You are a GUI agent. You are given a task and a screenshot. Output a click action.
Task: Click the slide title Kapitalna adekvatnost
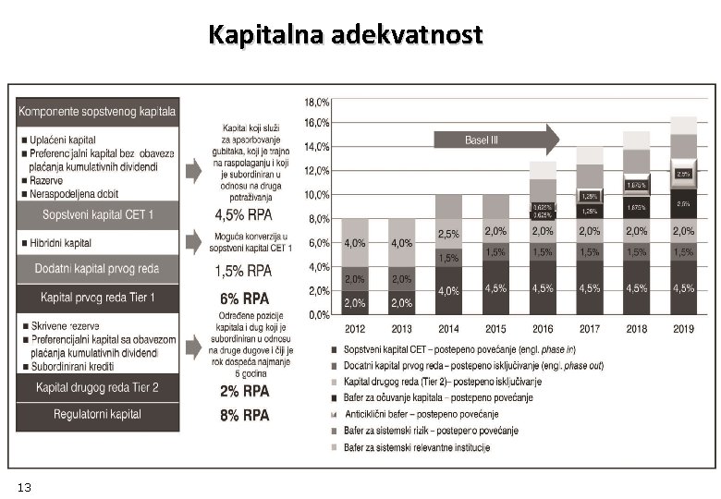tap(346, 36)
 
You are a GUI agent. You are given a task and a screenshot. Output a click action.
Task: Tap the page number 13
tap(24, 486)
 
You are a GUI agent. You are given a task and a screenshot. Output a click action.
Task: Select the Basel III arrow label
tap(481, 140)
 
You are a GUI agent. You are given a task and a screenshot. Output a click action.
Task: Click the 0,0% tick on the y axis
tap(319, 314)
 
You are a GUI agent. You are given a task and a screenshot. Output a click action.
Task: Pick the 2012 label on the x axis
tap(354, 329)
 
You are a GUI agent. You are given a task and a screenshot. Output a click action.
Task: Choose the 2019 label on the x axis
tap(683, 329)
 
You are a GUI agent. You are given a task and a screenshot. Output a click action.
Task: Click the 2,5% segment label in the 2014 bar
tap(448, 235)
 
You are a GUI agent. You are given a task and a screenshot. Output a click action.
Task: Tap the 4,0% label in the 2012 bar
tap(354, 244)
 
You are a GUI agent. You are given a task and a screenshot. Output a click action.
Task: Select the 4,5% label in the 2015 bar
tap(495, 288)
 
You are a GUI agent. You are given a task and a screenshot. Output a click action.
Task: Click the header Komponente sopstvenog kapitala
tap(97, 111)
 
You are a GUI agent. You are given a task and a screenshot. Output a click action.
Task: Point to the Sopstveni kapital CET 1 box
tap(99, 214)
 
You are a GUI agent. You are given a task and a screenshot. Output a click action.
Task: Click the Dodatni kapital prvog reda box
tap(97, 269)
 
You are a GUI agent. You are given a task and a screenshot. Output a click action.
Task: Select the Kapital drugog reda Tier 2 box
tap(97, 387)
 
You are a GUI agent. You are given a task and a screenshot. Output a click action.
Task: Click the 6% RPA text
tap(244, 298)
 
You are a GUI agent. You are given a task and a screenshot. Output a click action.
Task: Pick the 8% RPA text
tap(244, 416)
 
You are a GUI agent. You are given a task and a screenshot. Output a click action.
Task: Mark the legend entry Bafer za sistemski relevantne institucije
tap(416, 448)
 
